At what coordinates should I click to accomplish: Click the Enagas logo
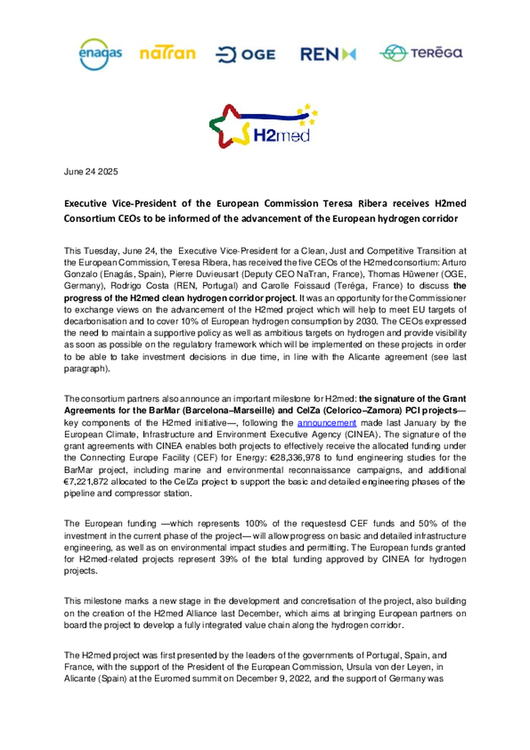100,54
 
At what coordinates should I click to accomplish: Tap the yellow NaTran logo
167,54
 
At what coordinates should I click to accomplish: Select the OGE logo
245,55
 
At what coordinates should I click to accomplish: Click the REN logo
328,54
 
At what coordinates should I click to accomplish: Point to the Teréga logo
421,53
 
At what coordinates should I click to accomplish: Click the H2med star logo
263,126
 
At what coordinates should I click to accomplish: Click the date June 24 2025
91,171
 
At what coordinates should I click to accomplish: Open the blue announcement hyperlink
326,423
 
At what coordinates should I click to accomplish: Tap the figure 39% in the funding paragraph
229,559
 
